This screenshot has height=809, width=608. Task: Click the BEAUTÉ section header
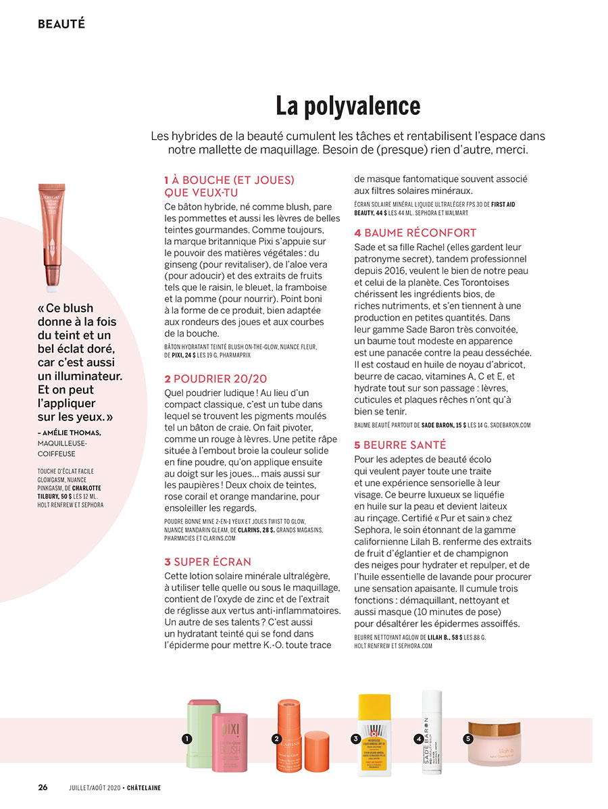(61, 24)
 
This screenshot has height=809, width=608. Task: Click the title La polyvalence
(348, 106)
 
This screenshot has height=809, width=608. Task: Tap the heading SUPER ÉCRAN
(207, 562)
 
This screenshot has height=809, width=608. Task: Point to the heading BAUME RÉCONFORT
(415, 232)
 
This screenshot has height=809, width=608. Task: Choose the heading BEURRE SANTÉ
(400, 445)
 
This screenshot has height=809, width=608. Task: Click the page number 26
(43, 787)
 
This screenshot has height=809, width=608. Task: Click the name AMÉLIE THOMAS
(72, 433)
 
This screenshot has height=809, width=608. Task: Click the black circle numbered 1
(185, 739)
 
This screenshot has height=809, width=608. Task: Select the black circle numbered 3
(355, 739)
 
